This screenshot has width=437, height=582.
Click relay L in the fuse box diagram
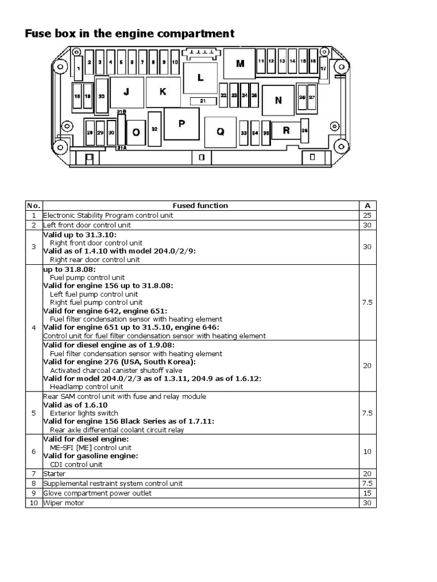(200, 78)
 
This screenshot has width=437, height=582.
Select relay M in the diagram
(240, 63)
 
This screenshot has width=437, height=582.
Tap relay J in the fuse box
(126, 92)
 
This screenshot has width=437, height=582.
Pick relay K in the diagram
(162, 92)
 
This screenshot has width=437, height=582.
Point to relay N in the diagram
(278, 100)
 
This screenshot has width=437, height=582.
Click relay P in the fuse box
(182, 123)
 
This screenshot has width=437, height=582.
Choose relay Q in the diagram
(220, 131)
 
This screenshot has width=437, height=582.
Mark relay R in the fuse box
(286, 130)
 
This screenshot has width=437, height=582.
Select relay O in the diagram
(136, 132)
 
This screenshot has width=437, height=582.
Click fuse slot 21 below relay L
(202, 101)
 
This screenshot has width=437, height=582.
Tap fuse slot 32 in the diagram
(154, 129)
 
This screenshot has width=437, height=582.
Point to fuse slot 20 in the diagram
(102, 96)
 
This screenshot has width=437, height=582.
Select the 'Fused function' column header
(200, 206)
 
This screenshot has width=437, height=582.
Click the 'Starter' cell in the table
(54, 473)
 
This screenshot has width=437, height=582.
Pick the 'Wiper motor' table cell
(61, 503)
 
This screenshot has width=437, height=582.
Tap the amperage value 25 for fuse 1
(367, 215)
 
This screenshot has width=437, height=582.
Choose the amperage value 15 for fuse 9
(367, 493)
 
